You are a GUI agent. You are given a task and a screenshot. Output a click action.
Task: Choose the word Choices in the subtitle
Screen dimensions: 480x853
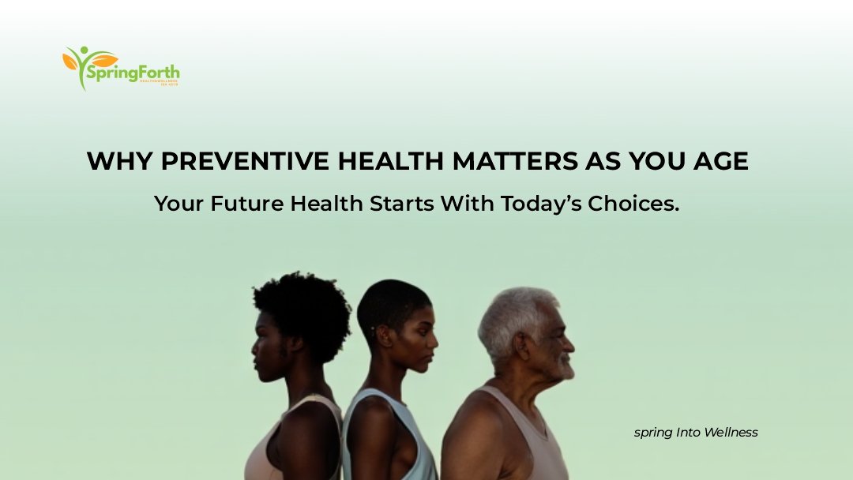pos(633,203)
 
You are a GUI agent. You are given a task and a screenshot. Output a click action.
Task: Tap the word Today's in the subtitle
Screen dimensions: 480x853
pos(539,203)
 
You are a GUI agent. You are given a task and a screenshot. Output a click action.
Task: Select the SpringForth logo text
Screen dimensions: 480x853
pos(134,74)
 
